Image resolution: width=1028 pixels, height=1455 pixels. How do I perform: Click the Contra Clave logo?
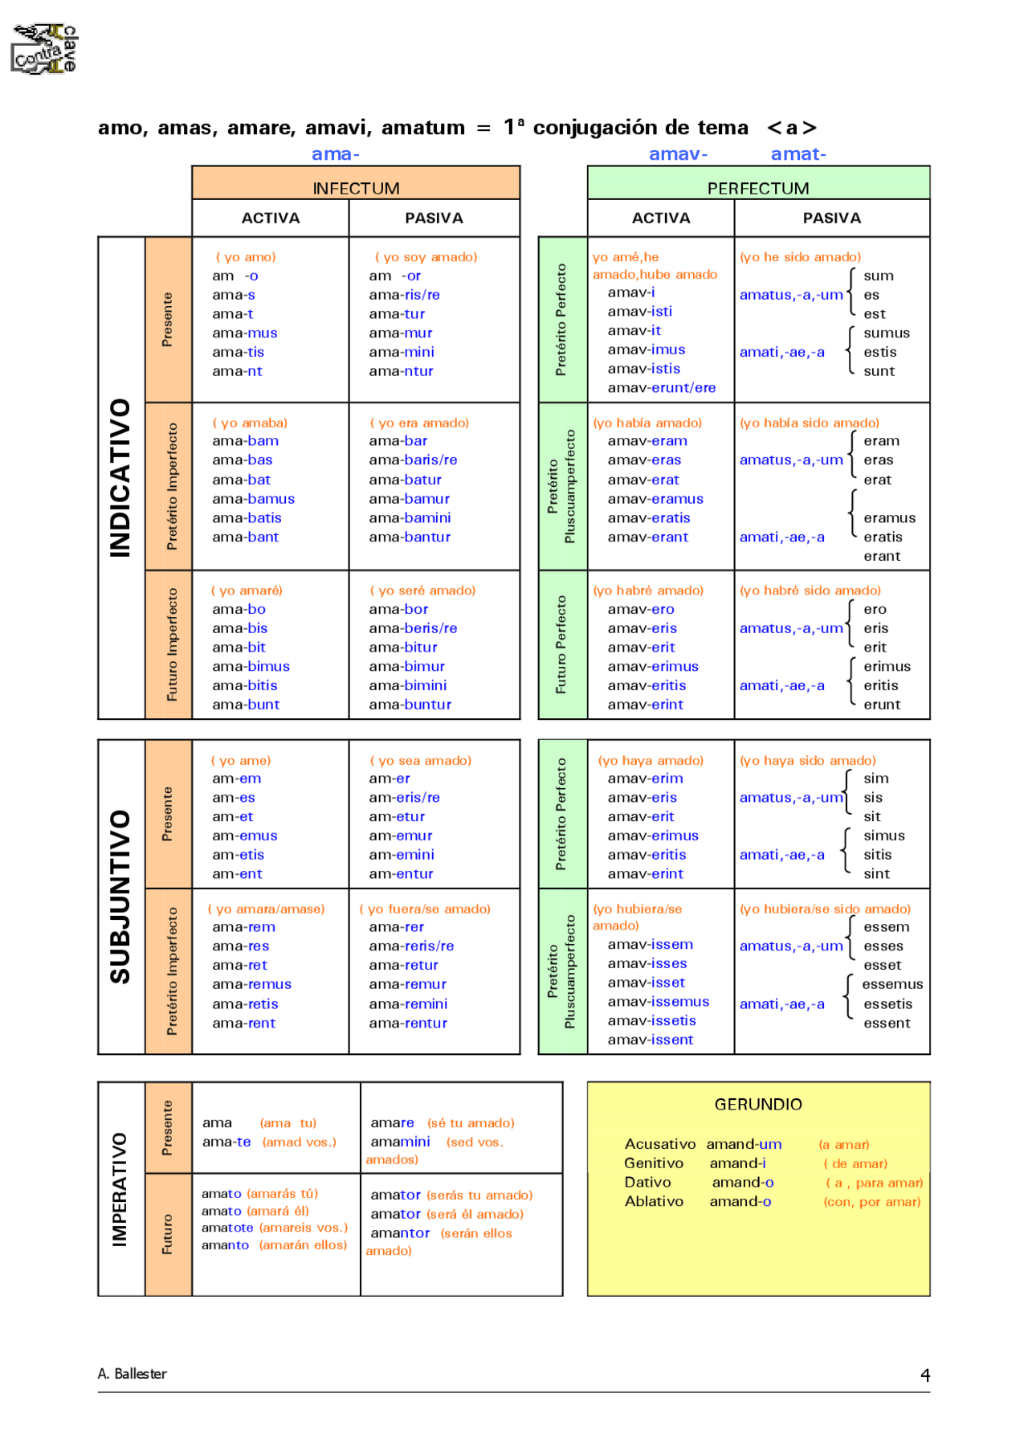[45, 50]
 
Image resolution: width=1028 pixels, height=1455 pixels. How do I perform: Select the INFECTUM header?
[356, 188]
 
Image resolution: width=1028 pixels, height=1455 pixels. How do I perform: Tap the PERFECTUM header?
[758, 188]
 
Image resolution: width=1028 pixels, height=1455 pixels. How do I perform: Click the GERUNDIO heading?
[758, 1104]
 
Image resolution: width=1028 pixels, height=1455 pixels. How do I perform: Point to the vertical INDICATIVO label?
[120, 477]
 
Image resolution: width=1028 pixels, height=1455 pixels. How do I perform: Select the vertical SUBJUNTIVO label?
[120, 896]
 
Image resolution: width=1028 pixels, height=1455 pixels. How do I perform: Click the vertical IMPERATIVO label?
[120, 1189]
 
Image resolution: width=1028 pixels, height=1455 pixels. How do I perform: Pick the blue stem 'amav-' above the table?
[678, 153]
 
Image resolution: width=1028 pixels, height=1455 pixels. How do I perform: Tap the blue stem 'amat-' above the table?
[798, 153]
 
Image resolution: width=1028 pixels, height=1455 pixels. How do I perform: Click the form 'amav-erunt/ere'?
[661, 387]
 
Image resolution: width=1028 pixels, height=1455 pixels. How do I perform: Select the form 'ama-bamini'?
[410, 517]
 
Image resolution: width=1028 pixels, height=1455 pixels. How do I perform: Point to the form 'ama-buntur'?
[410, 705]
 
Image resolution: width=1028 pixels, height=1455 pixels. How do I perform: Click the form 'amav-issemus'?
[658, 1001]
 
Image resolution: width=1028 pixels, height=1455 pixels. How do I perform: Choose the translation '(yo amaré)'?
[247, 590]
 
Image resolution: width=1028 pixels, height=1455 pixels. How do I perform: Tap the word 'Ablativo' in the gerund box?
[654, 1201]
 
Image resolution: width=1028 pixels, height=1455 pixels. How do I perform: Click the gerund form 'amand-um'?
[744, 1143]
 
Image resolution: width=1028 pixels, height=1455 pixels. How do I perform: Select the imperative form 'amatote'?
[227, 1227]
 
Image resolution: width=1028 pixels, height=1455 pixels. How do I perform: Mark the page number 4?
[925, 1375]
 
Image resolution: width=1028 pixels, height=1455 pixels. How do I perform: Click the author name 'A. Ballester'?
[133, 1373]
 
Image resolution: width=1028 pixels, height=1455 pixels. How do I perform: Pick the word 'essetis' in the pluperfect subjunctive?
[887, 1003]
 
